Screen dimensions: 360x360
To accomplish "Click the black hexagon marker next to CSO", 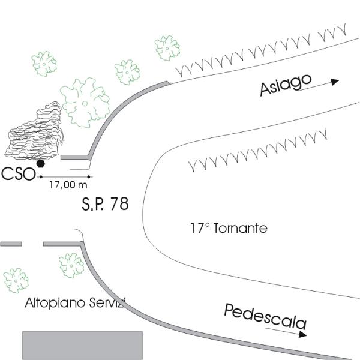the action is tap(41, 163).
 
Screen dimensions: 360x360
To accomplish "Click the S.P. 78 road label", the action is tap(105, 203).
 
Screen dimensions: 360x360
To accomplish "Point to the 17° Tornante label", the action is tap(228, 229).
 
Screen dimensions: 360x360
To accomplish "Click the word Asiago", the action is tap(287, 85).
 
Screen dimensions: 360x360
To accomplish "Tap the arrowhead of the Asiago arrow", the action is tap(335, 82).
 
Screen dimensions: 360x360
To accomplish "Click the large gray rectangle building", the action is tap(83, 344).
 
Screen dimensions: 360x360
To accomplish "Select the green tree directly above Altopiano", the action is tap(71, 265).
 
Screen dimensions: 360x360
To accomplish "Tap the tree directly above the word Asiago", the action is tap(167, 47).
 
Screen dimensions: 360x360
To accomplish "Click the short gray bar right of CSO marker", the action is tap(76, 157).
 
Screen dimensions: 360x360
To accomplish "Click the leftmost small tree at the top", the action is tap(44, 63).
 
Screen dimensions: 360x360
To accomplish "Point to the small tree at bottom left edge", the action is tap(15, 280).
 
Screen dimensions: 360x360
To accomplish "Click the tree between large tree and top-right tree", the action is tap(127, 71).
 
